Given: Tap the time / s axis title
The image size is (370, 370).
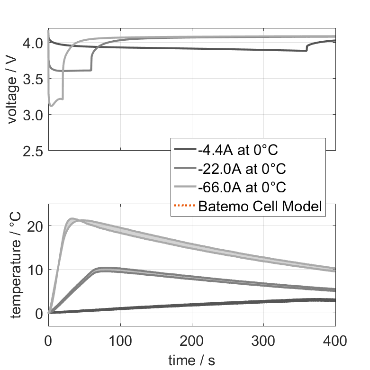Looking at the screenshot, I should pos(191,360).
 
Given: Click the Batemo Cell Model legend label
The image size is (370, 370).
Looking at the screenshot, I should pos(261,207).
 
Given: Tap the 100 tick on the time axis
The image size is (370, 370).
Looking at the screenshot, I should pos(120,340).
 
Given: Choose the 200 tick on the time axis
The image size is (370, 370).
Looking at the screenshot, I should pos(192,340).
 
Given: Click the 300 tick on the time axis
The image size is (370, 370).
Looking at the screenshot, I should pos(263,340).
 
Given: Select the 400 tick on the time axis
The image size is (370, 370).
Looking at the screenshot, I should pos(335,340).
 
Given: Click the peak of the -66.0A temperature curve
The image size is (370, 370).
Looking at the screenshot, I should pos(72,219).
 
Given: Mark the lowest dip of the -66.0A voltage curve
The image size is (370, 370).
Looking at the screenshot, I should pos(52,106).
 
